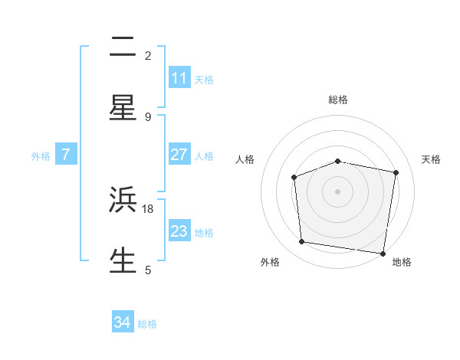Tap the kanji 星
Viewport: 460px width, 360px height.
point(123,107)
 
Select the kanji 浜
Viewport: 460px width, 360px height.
point(123,200)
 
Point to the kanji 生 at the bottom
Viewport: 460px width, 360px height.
point(123,260)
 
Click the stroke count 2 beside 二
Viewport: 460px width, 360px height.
point(148,55)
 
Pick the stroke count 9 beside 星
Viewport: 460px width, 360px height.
point(148,116)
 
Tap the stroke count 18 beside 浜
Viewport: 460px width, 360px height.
point(149,208)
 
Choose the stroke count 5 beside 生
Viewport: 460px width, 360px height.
point(148,270)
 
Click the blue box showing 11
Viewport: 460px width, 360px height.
point(179,78)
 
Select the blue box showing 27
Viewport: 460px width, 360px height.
point(179,155)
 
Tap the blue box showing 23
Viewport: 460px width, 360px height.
point(179,231)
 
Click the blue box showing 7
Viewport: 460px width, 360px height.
point(66,155)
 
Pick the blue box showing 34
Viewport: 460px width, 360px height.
point(123,323)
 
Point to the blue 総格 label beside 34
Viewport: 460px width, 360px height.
point(147,324)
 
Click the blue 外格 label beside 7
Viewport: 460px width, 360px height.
point(41,155)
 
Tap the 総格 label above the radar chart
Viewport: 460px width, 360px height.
point(338,100)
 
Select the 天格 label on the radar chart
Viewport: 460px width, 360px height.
point(432,159)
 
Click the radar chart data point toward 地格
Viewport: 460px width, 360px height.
point(383,253)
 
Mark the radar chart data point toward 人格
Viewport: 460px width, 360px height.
point(294,178)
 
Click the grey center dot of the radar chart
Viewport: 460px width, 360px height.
point(338,191)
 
